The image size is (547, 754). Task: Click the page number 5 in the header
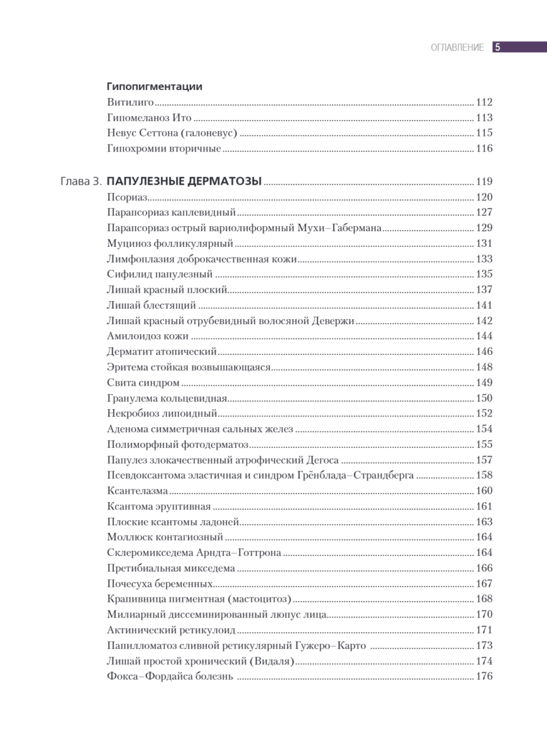coord(497,47)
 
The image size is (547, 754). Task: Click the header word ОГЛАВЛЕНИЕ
coord(457,48)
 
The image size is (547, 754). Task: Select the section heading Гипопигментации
coord(154,87)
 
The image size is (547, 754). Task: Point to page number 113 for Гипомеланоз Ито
coord(484,117)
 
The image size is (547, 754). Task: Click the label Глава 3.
coord(80,182)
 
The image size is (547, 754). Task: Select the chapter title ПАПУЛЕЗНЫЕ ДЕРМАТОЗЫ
coord(184,182)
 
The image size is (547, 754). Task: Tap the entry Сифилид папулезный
coord(160,274)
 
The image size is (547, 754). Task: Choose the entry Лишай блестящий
coord(152,305)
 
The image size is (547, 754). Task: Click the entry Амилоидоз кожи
coord(148,336)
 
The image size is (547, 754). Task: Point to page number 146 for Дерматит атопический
coord(484,351)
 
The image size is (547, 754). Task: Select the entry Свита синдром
coord(143,383)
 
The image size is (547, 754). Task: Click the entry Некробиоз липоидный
coord(162,413)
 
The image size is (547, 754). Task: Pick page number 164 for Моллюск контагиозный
coord(484,537)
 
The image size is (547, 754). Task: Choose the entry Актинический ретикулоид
coord(171,630)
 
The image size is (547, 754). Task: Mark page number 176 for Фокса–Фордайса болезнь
coord(484,677)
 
